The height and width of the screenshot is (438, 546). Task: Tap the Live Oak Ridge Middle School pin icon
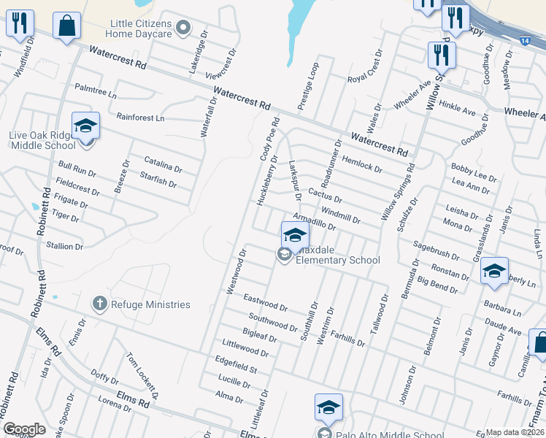coord(85,126)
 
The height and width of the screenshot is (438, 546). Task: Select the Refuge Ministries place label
coord(150,304)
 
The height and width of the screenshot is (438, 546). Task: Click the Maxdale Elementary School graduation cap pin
coord(295,235)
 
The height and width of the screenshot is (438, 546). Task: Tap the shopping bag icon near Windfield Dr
coord(67,26)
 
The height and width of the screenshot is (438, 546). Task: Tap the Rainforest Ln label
coord(140,117)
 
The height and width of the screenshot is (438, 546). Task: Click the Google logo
coord(25,429)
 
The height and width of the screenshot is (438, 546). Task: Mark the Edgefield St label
coord(236,364)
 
